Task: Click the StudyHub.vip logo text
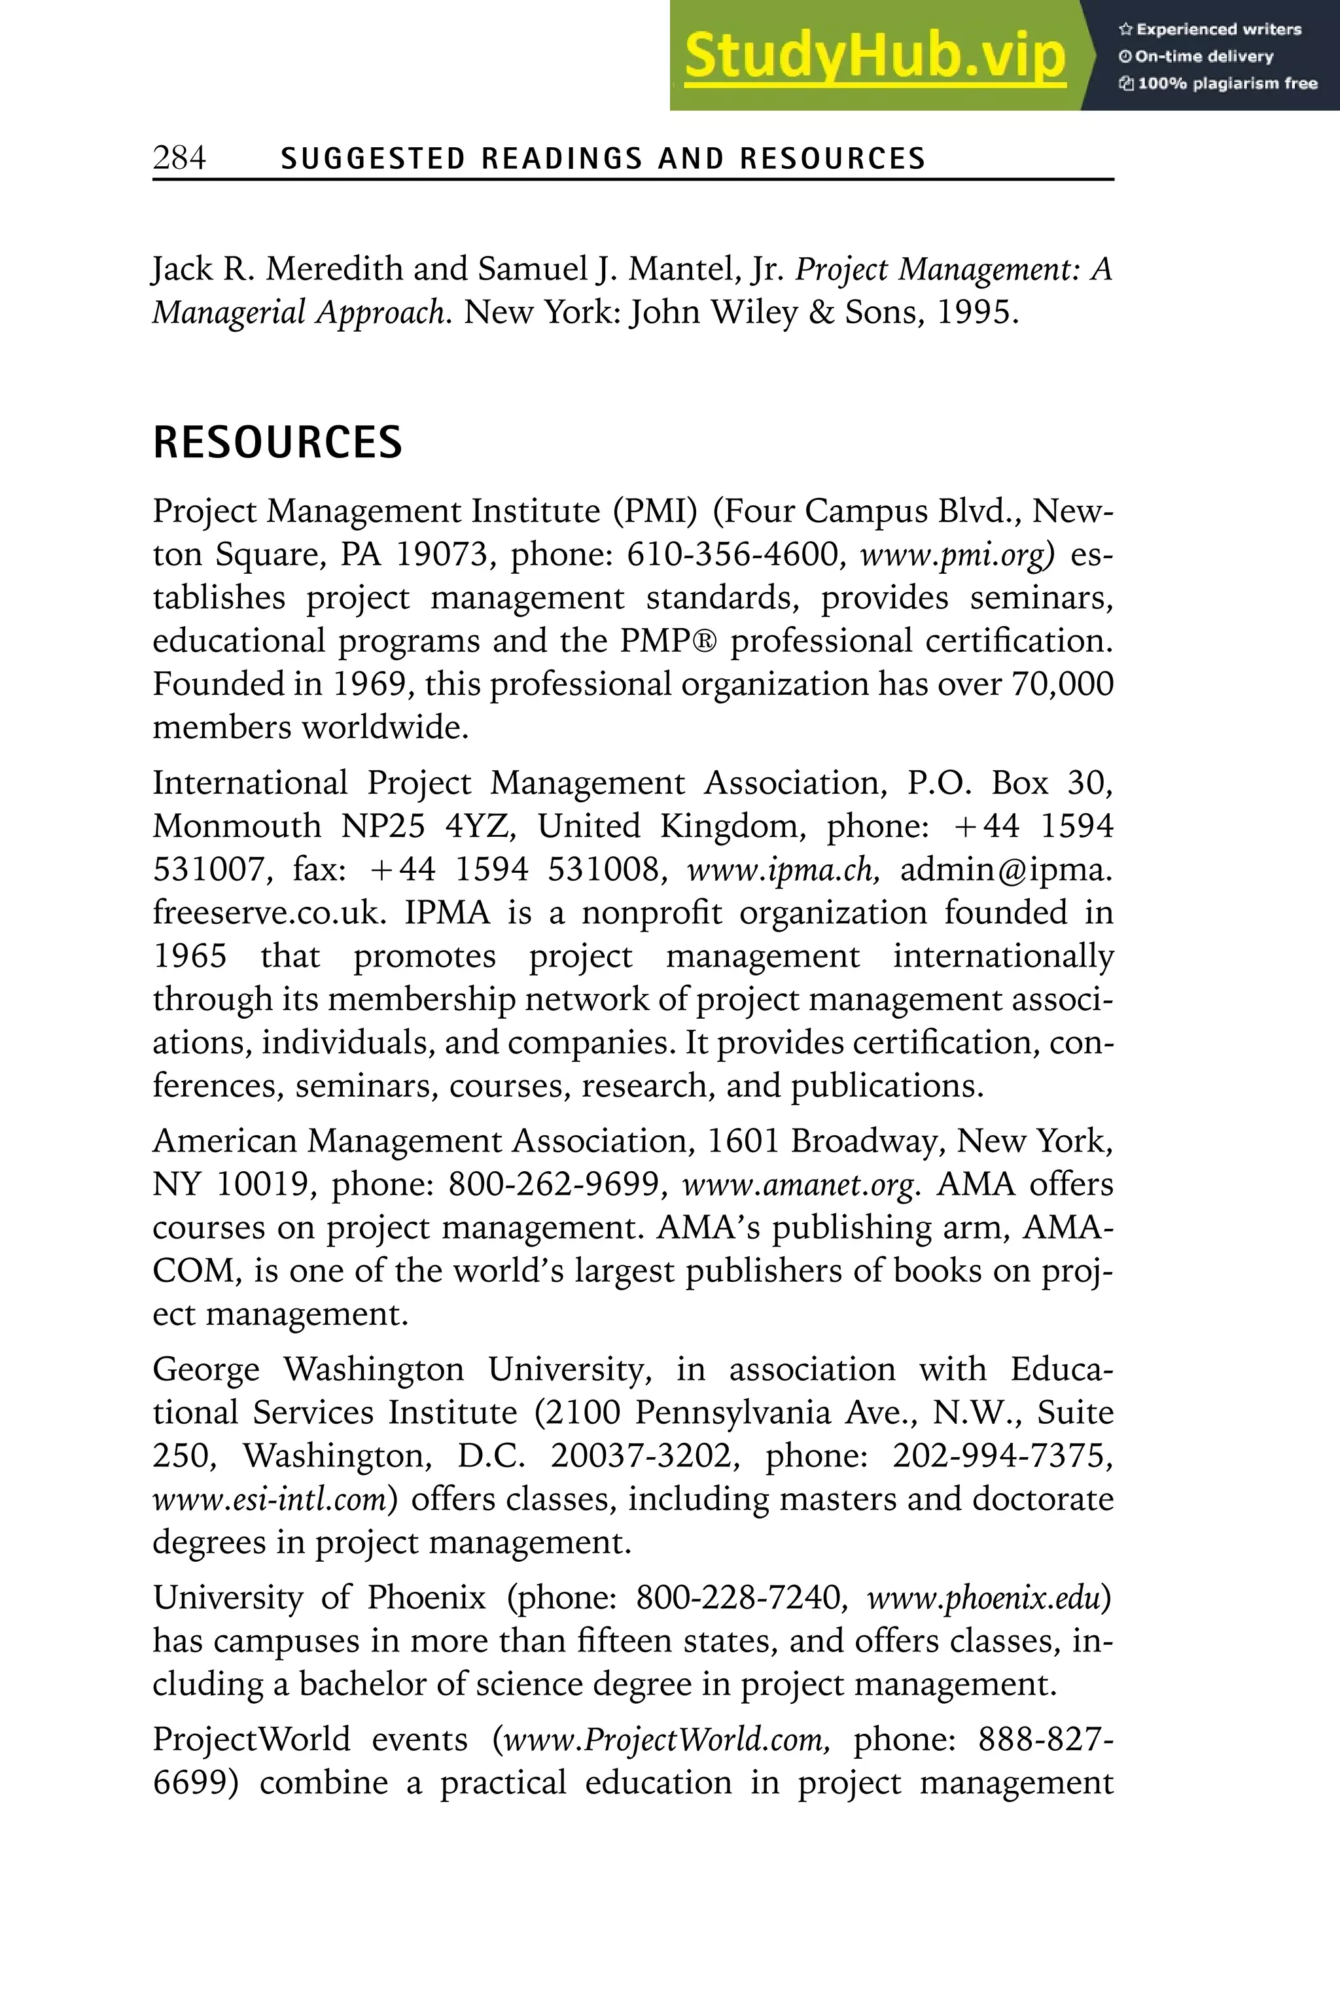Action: point(874,56)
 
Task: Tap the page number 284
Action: point(179,158)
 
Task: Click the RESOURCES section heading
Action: point(277,443)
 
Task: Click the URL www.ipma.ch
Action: point(783,870)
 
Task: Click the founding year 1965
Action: point(190,957)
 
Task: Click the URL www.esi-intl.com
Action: point(274,1500)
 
